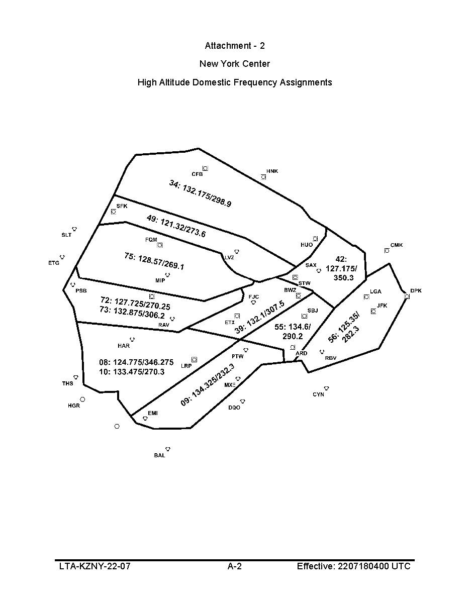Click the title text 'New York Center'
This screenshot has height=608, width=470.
(235, 64)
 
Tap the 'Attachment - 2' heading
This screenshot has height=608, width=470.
(235, 46)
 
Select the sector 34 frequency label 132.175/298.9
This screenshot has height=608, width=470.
(200, 193)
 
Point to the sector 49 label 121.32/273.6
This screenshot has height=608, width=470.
(176, 226)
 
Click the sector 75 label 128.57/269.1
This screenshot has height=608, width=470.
(154, 261)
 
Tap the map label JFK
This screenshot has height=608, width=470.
(382, 306)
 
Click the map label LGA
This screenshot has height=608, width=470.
(375, 291)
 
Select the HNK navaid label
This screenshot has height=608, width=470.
(272, 171)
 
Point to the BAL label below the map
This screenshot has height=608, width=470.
(159, 455)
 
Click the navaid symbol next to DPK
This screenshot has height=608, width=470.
(407, 296)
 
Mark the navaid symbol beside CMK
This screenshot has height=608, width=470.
(387, 250)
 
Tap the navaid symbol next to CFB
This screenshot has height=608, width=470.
(205, 168)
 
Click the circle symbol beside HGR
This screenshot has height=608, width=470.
(82, 399)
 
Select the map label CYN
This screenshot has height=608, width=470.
(318, 394)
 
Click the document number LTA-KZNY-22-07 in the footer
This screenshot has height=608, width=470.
(95, 566)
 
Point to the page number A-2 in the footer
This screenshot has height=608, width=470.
(235, 566)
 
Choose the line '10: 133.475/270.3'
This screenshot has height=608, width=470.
(132, 372)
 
